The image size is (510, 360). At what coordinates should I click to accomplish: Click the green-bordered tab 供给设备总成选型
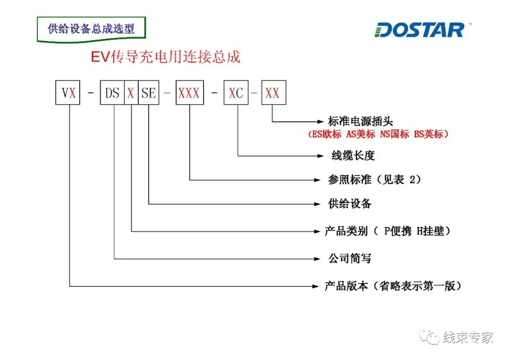point(91,29)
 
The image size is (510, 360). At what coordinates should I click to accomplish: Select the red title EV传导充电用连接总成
point(166,57)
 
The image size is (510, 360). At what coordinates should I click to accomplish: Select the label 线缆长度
point(353,155)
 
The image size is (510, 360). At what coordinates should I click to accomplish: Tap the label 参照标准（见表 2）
point(374,180)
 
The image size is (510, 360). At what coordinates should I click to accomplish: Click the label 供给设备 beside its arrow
point(350,204)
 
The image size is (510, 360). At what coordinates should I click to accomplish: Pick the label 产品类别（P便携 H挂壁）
point(387,231)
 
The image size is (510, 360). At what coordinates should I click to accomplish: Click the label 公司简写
point(350,259)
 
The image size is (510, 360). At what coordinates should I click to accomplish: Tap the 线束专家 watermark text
point(468,338)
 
